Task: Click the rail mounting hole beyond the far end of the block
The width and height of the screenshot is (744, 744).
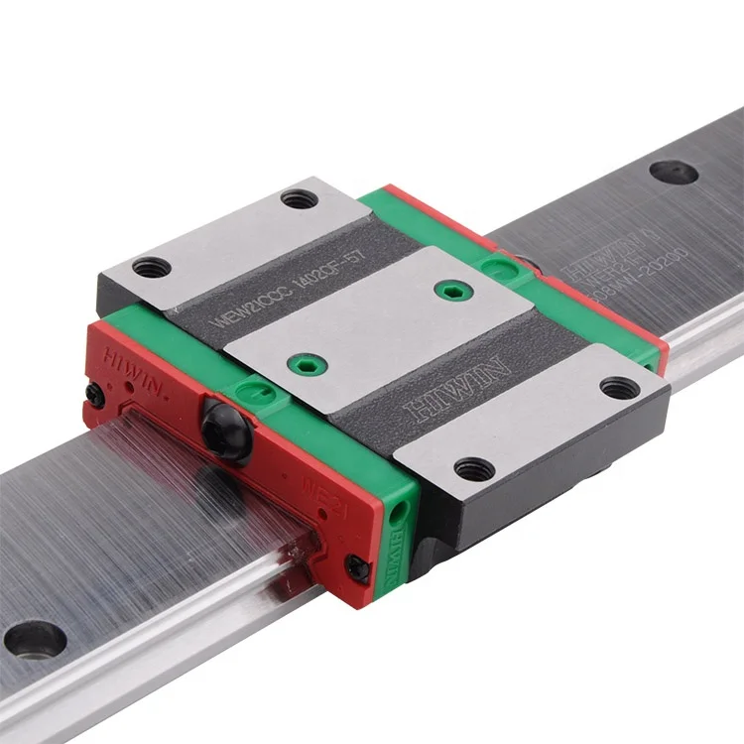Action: coord(674,170)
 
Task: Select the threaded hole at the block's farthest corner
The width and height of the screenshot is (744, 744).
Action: coord(299,198)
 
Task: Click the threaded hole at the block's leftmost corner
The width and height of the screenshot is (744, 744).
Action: coord(152,266)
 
